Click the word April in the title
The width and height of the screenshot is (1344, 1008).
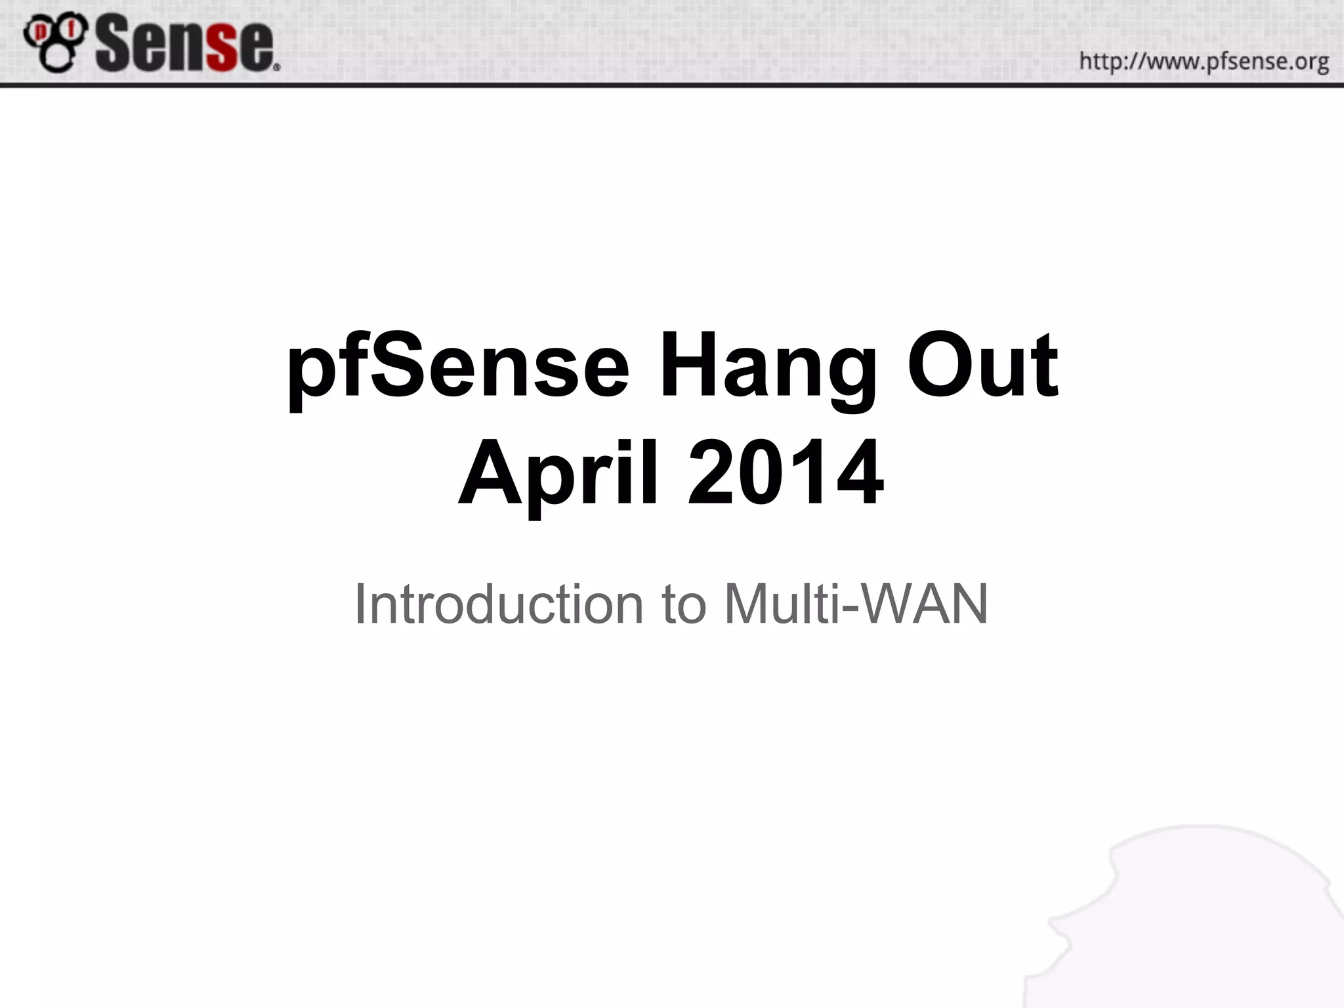coord(558,474)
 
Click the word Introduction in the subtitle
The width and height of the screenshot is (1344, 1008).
coord(499,604)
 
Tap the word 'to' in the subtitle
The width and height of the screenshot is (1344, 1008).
coord(683,604)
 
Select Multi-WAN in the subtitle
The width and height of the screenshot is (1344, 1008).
coord(856,604)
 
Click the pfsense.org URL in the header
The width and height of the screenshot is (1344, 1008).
coord(1204,62)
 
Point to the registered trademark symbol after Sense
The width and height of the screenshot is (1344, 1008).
coord(276,66)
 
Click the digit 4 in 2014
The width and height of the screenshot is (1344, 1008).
coord(860,474)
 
